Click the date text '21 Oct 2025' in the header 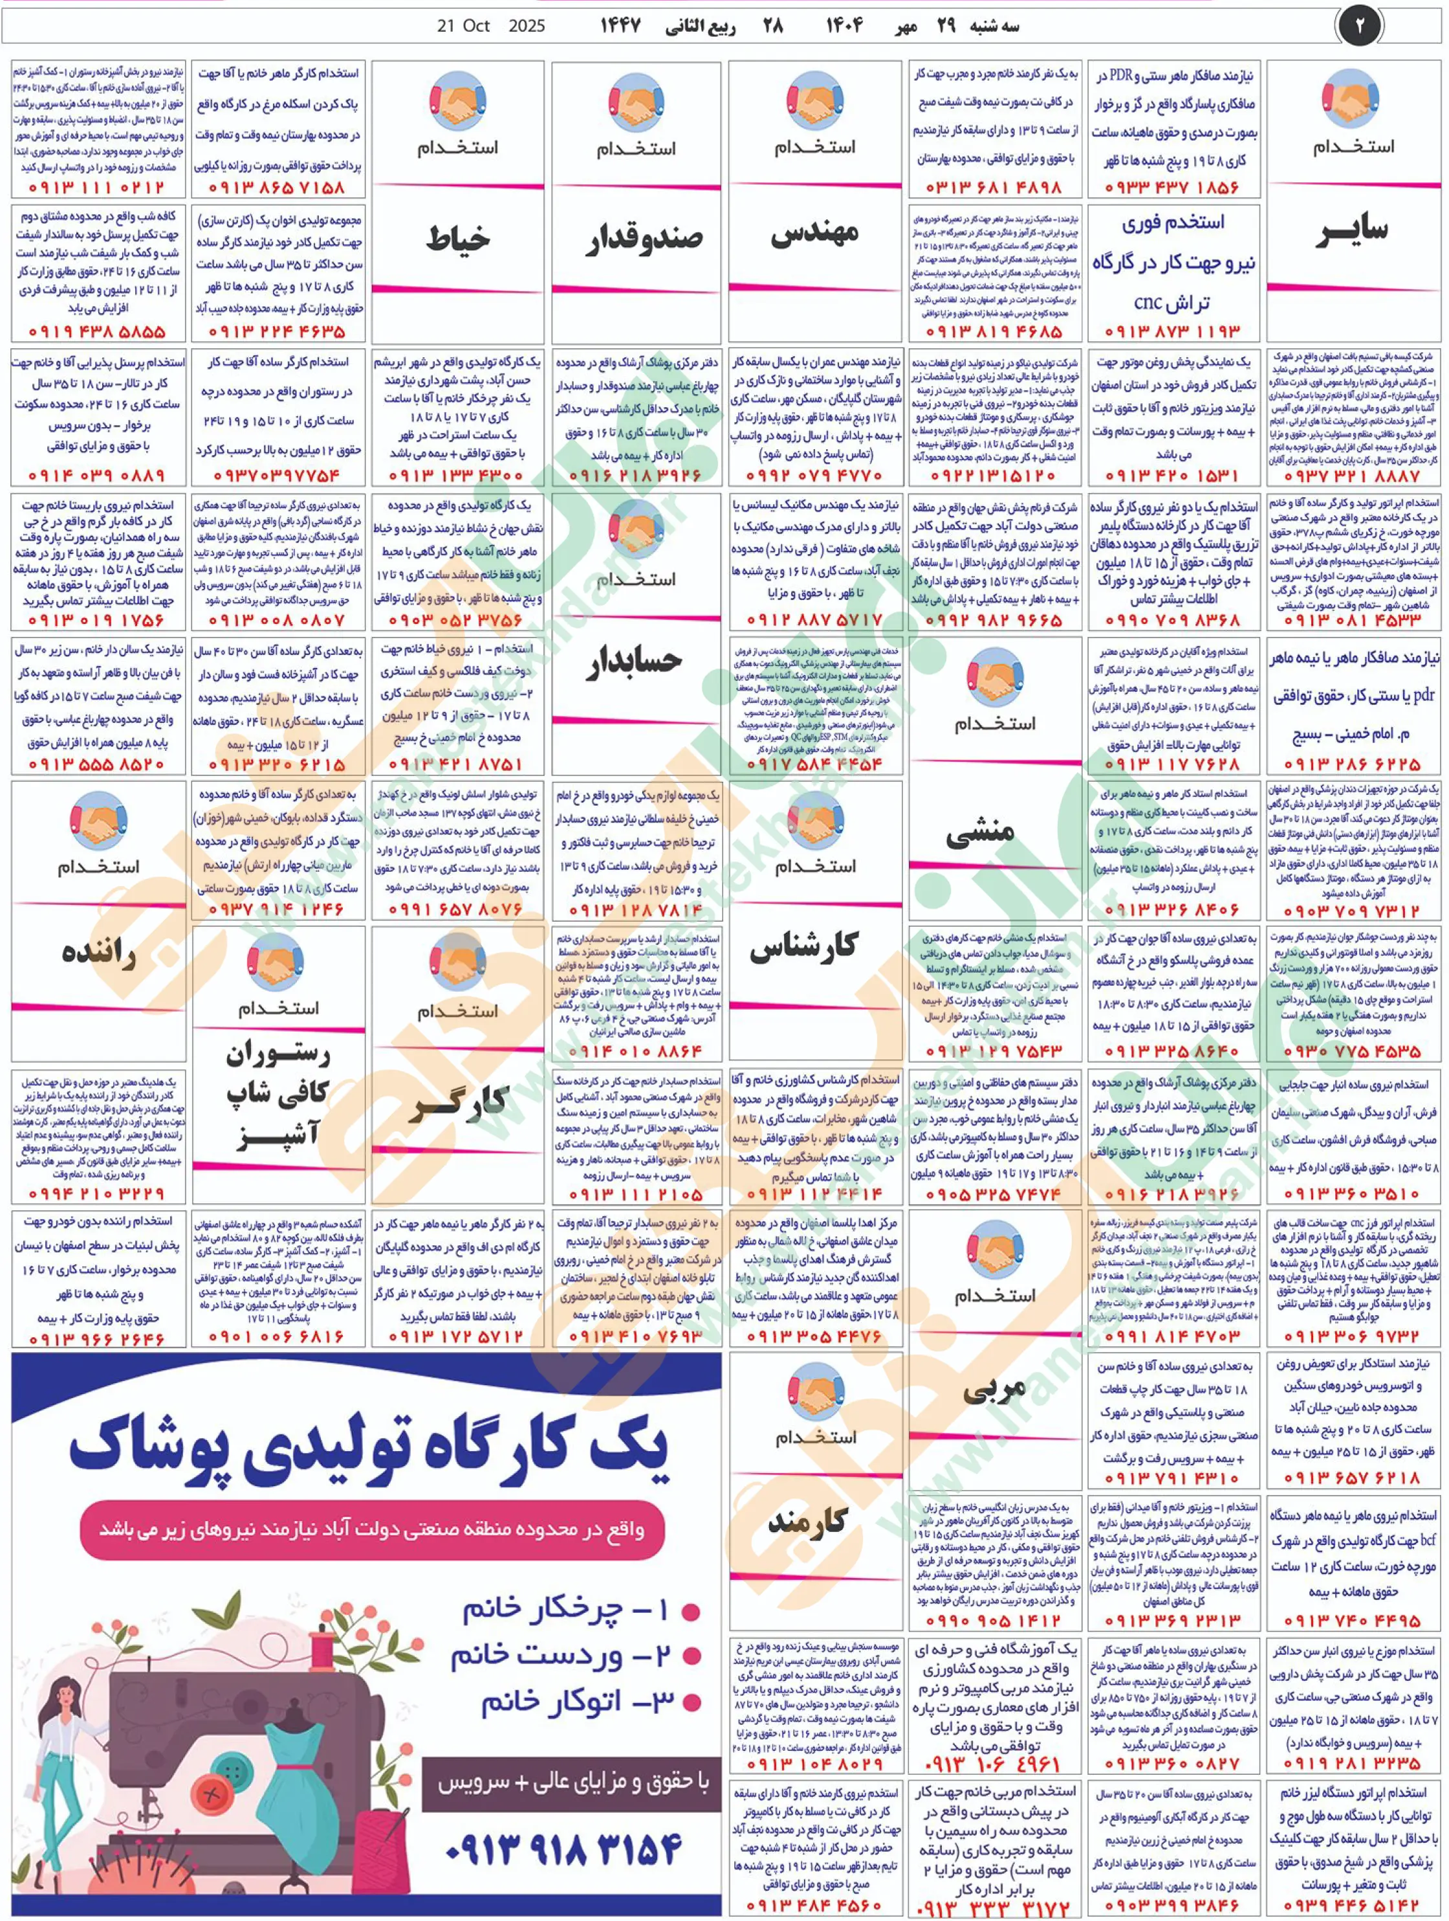[490, 26]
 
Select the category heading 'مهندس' [814, 233]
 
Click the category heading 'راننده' [99, 952]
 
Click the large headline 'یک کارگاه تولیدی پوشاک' [369, 1450]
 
